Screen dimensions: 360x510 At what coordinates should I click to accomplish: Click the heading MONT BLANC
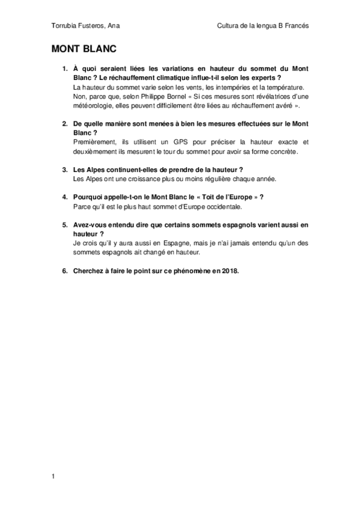83,50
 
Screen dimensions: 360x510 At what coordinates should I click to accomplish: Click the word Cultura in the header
231,25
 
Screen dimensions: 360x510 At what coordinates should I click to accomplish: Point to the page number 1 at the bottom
53,476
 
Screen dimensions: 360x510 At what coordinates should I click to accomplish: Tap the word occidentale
222,207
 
